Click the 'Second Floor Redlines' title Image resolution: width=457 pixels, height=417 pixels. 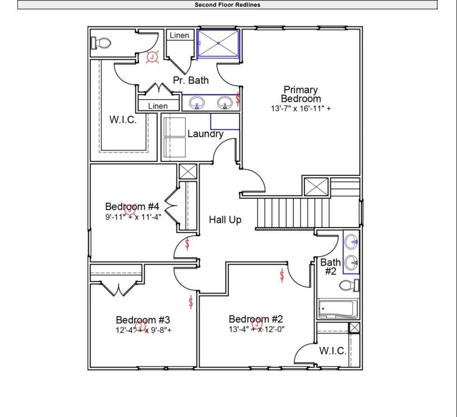click(227, 5)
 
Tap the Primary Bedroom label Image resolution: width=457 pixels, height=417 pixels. click(301, 94)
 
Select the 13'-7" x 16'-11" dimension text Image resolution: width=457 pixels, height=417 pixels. click(301, 108)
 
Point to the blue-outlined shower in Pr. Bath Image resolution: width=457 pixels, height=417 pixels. click(218, 44)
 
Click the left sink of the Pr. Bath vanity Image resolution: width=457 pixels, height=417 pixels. click(197, 103)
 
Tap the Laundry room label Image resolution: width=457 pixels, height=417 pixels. click(205, 134)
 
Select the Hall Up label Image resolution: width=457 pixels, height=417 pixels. click(225, 220)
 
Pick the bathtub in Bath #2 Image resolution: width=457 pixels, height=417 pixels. click(336, 309)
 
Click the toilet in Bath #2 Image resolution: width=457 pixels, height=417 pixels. click(349, 286)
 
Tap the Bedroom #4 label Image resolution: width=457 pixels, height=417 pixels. click(133, 206)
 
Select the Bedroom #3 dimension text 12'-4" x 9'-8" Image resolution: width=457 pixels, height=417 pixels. click(144, 330)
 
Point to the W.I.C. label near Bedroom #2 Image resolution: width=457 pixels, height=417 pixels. click(333, 351)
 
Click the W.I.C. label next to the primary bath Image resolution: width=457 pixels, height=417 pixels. click(122, 120)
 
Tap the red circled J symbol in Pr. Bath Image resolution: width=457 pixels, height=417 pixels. click(152, 57)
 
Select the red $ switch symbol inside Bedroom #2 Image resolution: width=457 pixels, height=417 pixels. click(281, 275)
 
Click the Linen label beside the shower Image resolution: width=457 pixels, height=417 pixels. click(179, 35)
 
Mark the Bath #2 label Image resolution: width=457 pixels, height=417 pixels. click(330, 266)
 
